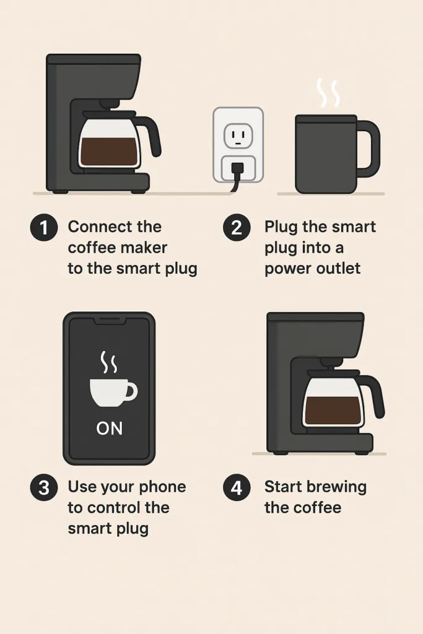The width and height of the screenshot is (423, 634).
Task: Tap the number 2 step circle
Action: (237, 228)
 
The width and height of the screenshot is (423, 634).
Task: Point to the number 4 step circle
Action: (237, 488)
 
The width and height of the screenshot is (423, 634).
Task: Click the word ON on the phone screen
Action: (109, 428)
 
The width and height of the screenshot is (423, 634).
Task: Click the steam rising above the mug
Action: (328, 93)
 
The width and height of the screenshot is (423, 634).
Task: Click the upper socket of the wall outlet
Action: (238, 133)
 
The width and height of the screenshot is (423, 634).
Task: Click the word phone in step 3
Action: (160, 487)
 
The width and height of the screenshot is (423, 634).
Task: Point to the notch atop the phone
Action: (109, 321)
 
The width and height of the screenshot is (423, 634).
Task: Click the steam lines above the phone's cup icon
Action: (109, 363)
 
